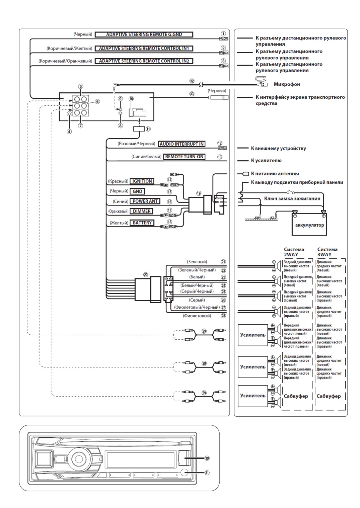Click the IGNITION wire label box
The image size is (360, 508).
point(142,181)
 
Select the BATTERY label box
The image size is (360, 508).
point(142,223)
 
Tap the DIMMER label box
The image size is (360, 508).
point(141,211)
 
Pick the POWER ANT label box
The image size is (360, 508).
point(145,201)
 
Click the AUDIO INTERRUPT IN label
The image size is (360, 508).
point(182,144)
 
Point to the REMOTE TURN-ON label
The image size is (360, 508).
point(184,157)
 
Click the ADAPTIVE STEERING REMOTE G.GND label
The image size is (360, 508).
point(144,34)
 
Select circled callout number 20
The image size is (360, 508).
point(145,275)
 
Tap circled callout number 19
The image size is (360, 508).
point(199,193)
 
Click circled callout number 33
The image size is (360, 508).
point(192,93)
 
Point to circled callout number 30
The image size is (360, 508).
point(207,458)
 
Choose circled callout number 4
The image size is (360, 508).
point(69,132)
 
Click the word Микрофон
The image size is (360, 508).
point(287,84)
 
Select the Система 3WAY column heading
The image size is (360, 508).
point(327,252)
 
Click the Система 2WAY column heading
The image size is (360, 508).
point(294,252)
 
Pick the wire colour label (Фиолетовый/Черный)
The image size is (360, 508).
point(197,307)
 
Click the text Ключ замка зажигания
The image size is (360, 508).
point(292,199)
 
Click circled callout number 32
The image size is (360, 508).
point(192,81)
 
